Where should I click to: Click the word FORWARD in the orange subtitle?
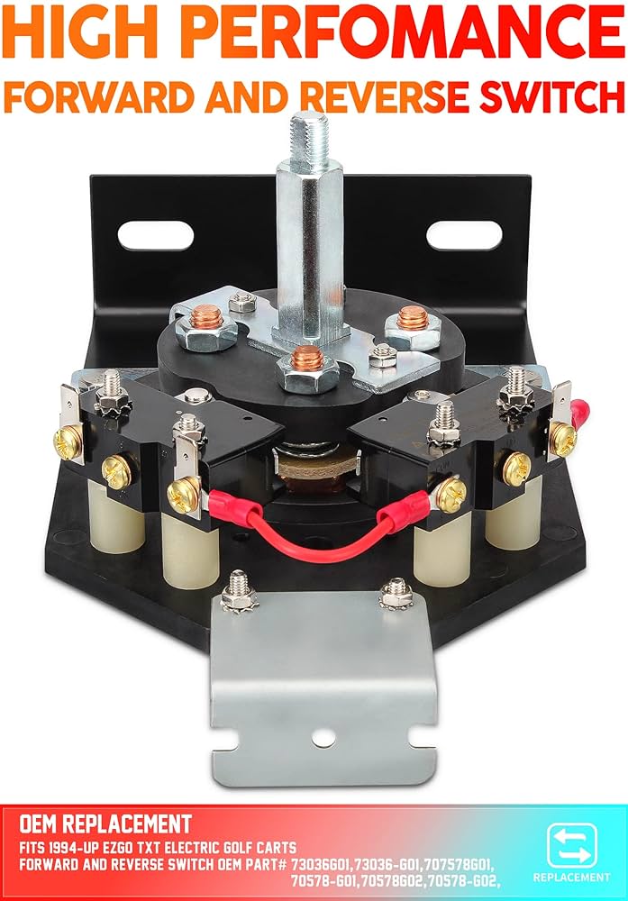click(90, 93)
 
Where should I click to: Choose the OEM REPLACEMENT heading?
click(105, 824)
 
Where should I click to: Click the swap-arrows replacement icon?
click(570, 845)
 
